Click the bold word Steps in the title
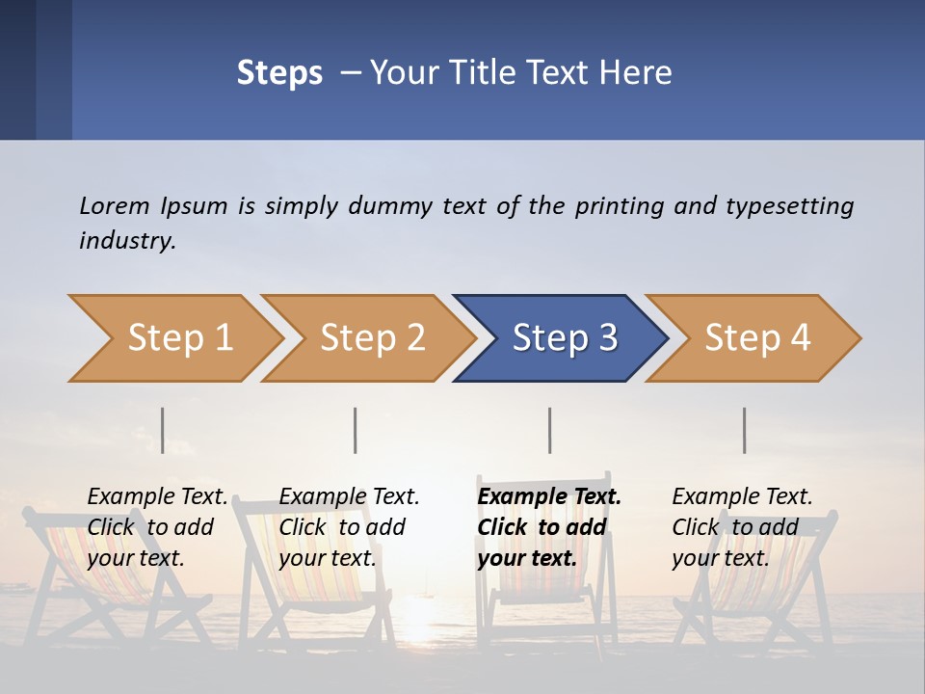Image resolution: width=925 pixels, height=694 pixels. [279, 73]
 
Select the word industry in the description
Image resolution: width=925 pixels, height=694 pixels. [127, 241]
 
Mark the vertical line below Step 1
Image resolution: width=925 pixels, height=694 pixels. [163, 430]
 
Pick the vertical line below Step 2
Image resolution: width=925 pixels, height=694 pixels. [356, 430]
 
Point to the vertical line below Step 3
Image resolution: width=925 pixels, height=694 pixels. [550, 430]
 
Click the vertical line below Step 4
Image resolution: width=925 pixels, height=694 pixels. [744, 430]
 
